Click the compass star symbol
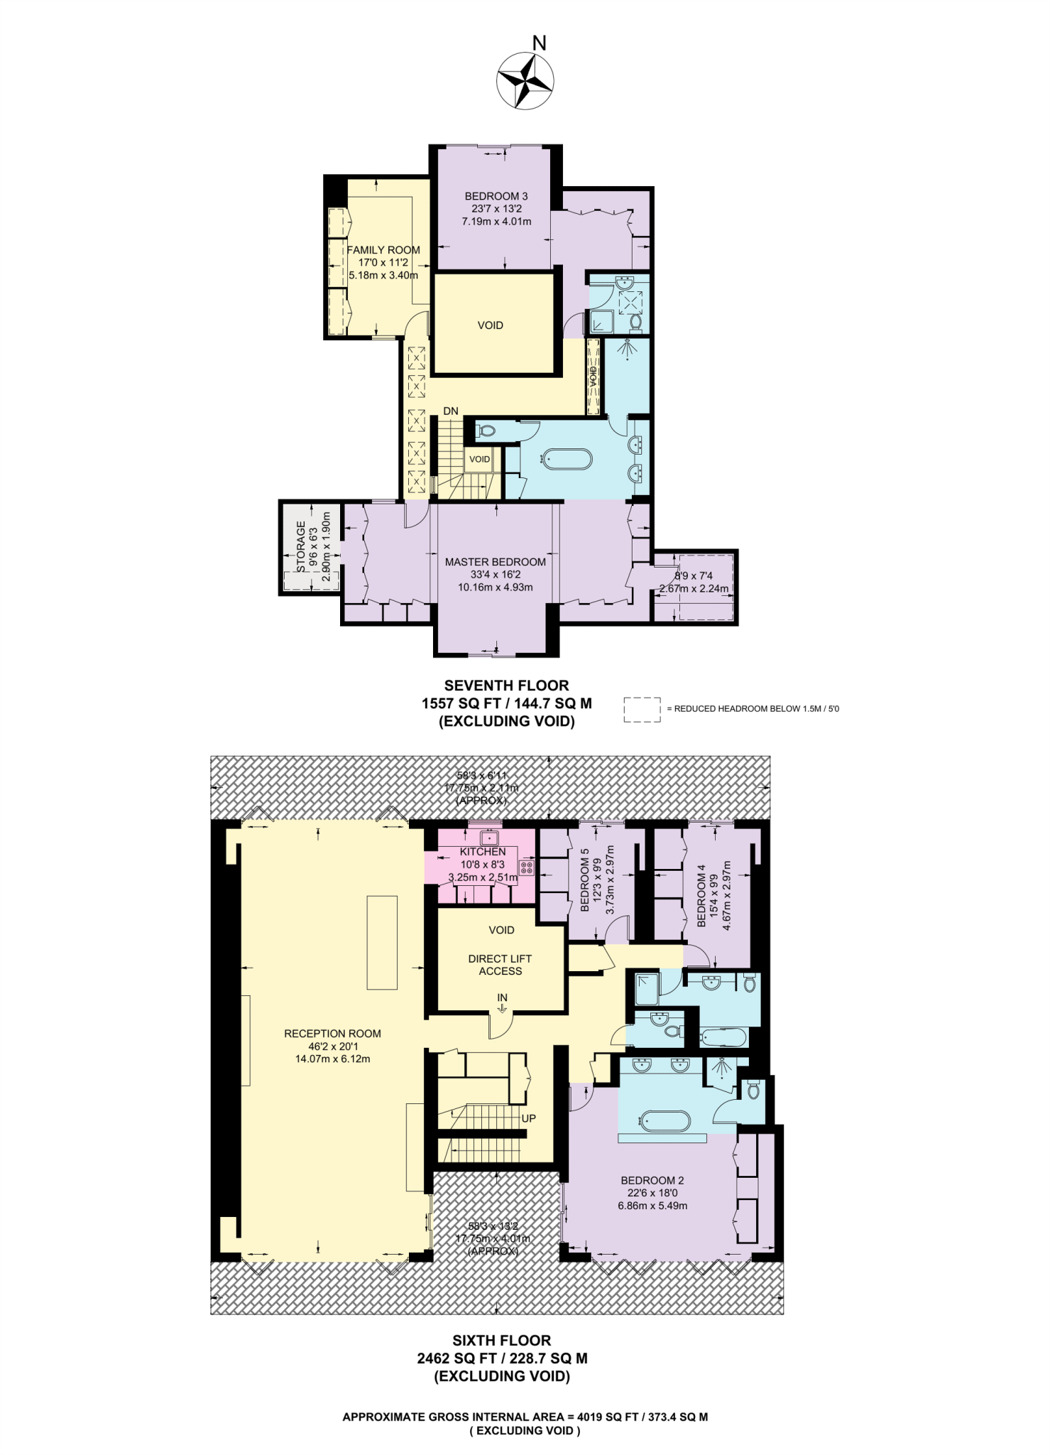(525, 81)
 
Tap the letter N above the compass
(540, 43)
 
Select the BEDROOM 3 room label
(496, 196)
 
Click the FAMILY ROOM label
(383, 250)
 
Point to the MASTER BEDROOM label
(496, 562)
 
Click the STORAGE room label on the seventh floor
(301, 547)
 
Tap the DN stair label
(451, 411)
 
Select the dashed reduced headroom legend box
(642, 709)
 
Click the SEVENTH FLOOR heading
(506, 686)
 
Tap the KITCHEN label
(483, 852)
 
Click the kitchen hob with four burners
(527, 867)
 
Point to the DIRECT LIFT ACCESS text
(500, 965)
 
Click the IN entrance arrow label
(503, 998)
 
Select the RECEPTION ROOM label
(332, 1034)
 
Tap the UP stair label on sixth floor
(529, 1118)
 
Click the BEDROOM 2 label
(652, 1181)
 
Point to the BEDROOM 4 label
(701, 895)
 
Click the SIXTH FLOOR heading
(502, 1341)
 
